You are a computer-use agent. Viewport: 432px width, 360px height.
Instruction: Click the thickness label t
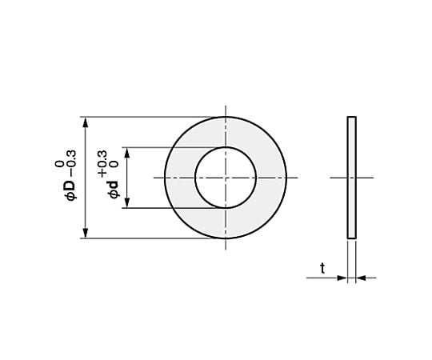322,269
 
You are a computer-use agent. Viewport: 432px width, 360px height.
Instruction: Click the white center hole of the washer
226,178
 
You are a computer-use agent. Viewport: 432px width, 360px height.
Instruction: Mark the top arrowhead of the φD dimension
84,121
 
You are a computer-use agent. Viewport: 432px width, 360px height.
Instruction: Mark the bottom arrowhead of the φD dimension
84,234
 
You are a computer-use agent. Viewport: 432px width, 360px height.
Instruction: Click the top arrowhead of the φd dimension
126,151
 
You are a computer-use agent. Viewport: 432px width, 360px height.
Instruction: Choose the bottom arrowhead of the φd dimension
126,204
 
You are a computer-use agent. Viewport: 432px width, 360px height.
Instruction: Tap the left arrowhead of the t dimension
342,278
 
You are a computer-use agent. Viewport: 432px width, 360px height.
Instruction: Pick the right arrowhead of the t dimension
358,278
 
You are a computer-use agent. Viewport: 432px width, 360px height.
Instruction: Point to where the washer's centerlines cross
226,178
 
